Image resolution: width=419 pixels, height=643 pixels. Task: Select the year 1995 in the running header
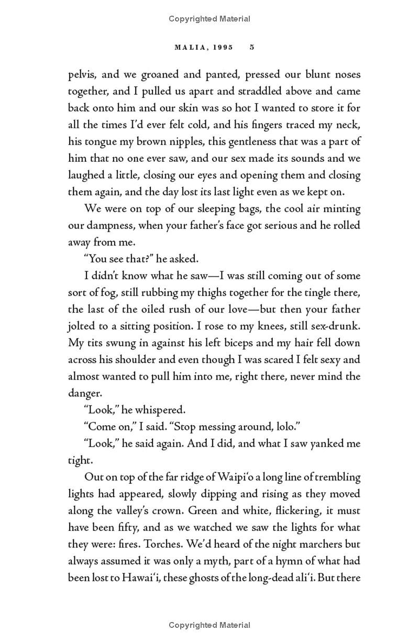[x=222, y=47]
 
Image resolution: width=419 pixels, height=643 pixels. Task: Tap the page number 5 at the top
[x=252, y=47]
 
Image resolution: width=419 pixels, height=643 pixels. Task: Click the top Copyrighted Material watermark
[x=210, y=19]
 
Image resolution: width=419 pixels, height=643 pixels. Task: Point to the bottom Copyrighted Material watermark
[x=210, y=625]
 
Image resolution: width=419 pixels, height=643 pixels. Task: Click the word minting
[x=341, y=208]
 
